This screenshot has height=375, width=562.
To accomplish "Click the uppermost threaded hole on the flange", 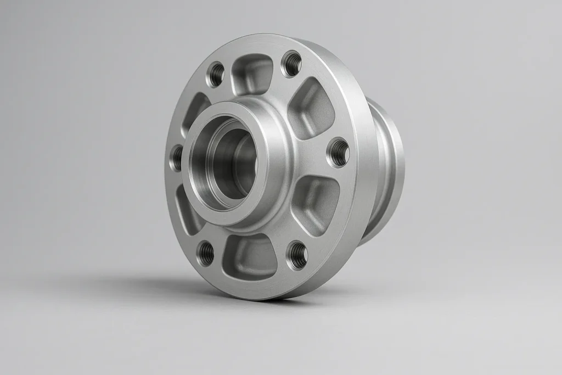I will [291, 64].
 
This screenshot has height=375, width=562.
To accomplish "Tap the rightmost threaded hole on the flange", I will [338, 152].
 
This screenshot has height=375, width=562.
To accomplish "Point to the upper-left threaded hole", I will [216, 74].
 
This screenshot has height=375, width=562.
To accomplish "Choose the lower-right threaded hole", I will [297, 255].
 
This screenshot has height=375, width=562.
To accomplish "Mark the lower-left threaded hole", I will [206, 253].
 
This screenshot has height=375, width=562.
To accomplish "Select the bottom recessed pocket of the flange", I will [250, 255].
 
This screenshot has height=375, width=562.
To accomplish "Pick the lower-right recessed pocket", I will [314, 198].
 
